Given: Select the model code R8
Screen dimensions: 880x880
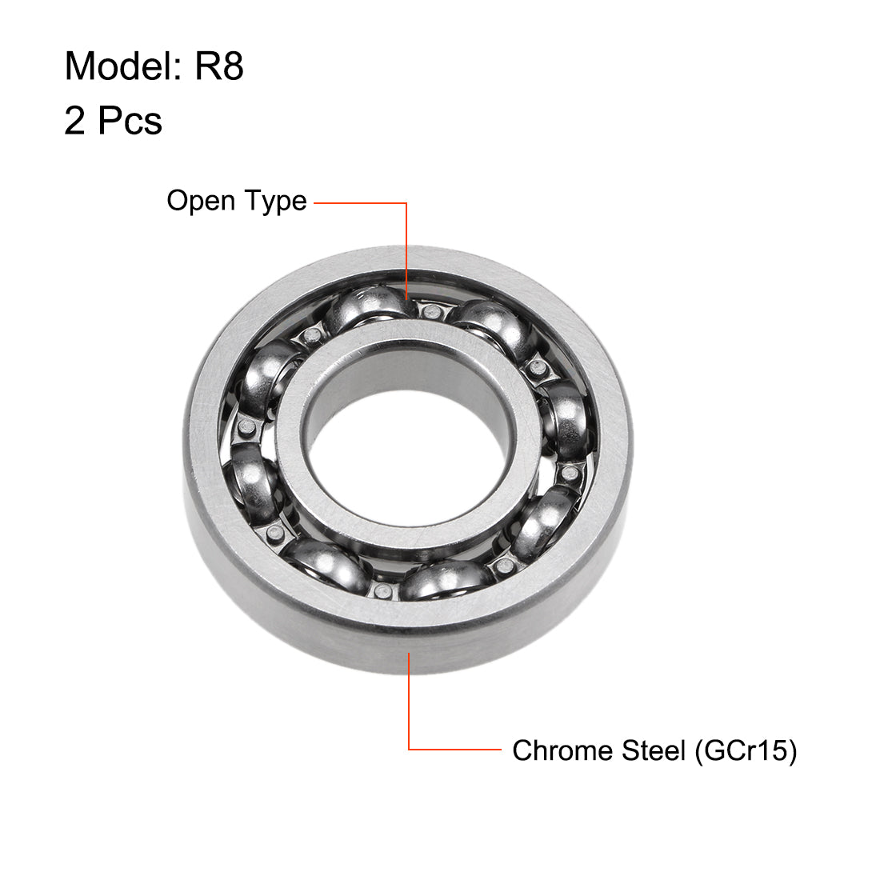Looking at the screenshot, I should tap(218, 66).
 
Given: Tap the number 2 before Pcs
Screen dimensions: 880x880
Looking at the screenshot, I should tap(74, 122).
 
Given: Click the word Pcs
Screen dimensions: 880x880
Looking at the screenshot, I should tap(130, 122).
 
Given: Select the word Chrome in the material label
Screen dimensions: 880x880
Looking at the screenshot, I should tap(559, 750).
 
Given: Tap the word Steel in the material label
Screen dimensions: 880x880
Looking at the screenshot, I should tap(650, 750).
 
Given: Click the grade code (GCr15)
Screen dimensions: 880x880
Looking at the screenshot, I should tap(746, 750).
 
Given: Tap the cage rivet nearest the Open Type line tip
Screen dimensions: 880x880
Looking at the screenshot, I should tap(432, 311).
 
